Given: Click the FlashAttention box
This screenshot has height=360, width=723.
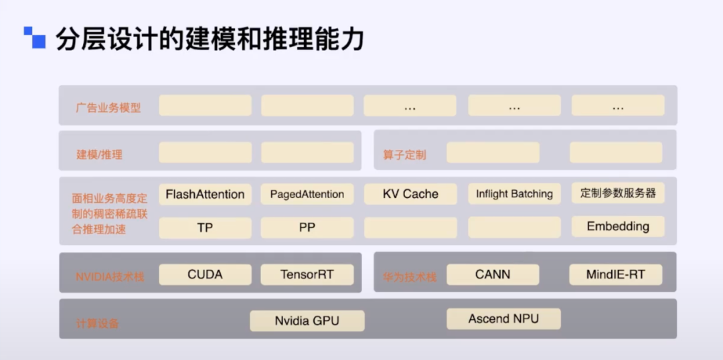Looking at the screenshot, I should coord(205,194).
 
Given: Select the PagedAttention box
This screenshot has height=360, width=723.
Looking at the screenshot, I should coord(307,194).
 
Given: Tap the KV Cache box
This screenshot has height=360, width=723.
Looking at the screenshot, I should coord(410,194).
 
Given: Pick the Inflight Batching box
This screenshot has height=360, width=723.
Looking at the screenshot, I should coord(514,194).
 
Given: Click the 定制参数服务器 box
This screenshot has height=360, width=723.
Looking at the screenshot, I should coord(618,193).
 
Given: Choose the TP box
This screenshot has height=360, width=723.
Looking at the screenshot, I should coord(205,228).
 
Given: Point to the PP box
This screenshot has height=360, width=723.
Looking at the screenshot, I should coord(307,228).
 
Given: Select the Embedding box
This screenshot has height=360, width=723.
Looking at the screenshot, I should coord(618,226).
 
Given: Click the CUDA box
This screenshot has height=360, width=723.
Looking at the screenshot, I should coord(205,274).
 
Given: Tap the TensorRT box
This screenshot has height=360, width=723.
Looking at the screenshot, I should coord(307,274).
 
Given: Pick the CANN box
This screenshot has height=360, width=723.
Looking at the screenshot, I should coord(493,274).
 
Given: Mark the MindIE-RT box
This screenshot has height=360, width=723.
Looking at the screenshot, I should coord(615,274).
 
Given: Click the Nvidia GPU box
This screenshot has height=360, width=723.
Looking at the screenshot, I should coord(307,321).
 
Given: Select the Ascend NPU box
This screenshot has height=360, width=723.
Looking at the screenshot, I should coord(503,319).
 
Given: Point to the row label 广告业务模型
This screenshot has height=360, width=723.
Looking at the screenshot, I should coord(108,107).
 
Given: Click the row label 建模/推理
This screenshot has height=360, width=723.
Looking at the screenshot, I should coord(100,155).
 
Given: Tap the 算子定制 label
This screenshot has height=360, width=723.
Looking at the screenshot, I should coord(404,155).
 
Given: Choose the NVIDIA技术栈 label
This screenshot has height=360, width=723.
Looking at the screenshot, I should coord(110,276).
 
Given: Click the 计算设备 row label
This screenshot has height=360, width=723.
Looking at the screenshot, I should coord(98,323).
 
